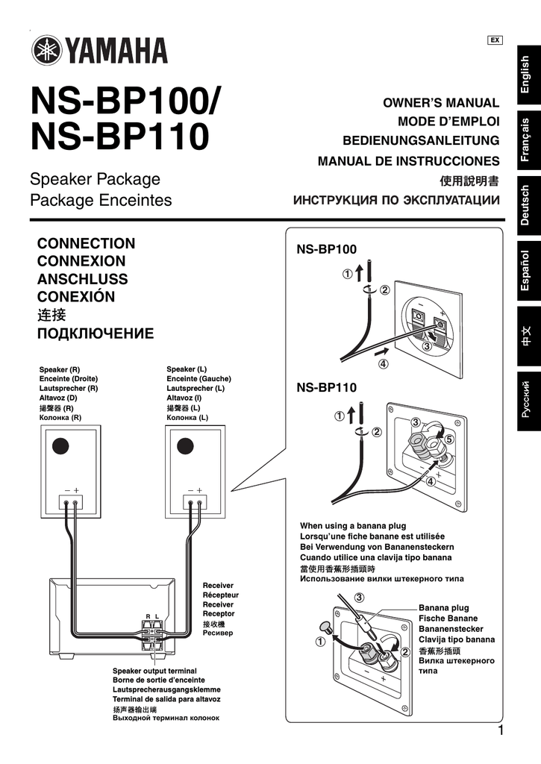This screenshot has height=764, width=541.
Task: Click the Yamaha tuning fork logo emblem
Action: [46, 51]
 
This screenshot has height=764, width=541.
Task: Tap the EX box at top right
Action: [494, 40]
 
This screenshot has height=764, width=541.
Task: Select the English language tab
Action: [525, 75]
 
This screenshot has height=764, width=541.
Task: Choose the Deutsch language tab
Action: [525, 205]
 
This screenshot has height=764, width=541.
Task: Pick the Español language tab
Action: [525, 271]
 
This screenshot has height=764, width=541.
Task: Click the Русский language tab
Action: [525, 400]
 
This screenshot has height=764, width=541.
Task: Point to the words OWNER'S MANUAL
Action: [440, 102]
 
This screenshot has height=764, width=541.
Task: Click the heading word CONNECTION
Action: [86, 243]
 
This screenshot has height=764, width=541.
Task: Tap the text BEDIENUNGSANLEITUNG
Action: [421, 141]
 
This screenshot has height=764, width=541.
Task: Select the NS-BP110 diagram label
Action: [326, 388]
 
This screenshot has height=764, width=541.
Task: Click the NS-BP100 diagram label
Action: [326, 248]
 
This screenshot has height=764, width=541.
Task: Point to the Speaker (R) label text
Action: [60, 370]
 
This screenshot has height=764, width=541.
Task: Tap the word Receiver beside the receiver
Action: [218, 586]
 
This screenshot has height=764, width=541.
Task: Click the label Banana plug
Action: [443, 608]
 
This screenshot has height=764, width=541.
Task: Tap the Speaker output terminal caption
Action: [154, 671]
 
